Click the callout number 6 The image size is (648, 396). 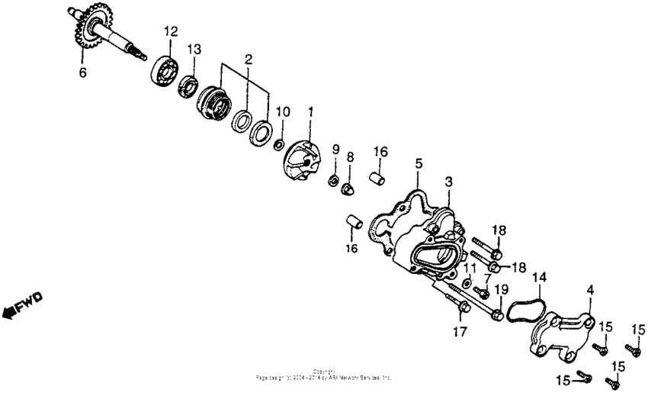click(x=83, y=73)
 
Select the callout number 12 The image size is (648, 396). click(x=169, y=31)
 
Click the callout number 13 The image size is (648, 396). click(x=195, y=49)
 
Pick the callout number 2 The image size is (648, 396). click(x=248, y=59)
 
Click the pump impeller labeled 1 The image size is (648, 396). click(x=303, y=160)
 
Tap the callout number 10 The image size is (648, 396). click(x=283, y=111)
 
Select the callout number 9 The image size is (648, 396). click(x=335, y=148)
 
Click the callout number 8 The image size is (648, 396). click(x=350, y=157)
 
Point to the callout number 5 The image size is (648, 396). click(x=419, y=163)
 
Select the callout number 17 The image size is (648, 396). click(x=459, y=332)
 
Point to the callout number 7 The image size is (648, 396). click(x=486, y=278)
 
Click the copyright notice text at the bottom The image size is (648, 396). click(x=324, y=375)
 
